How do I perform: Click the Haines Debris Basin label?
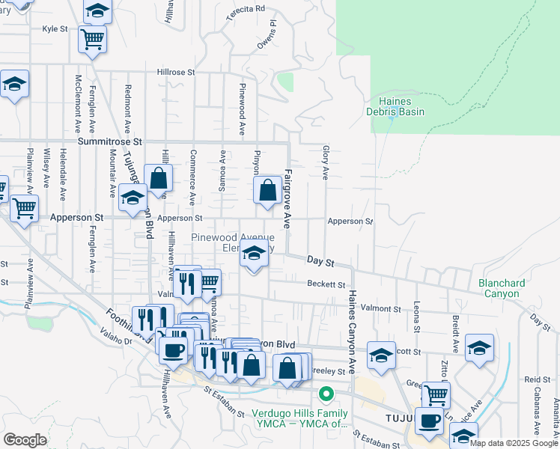pos(395,106)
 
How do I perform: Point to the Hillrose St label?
pos(176,73)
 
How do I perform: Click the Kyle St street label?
pos(55,29)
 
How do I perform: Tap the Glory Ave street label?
pos(326,163)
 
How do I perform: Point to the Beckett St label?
pos(326,284)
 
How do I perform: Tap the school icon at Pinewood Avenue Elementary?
pos(255,255)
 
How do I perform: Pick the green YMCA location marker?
pos(326,393)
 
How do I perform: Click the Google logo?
pos(25,440)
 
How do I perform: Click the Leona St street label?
pos(416,319)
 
